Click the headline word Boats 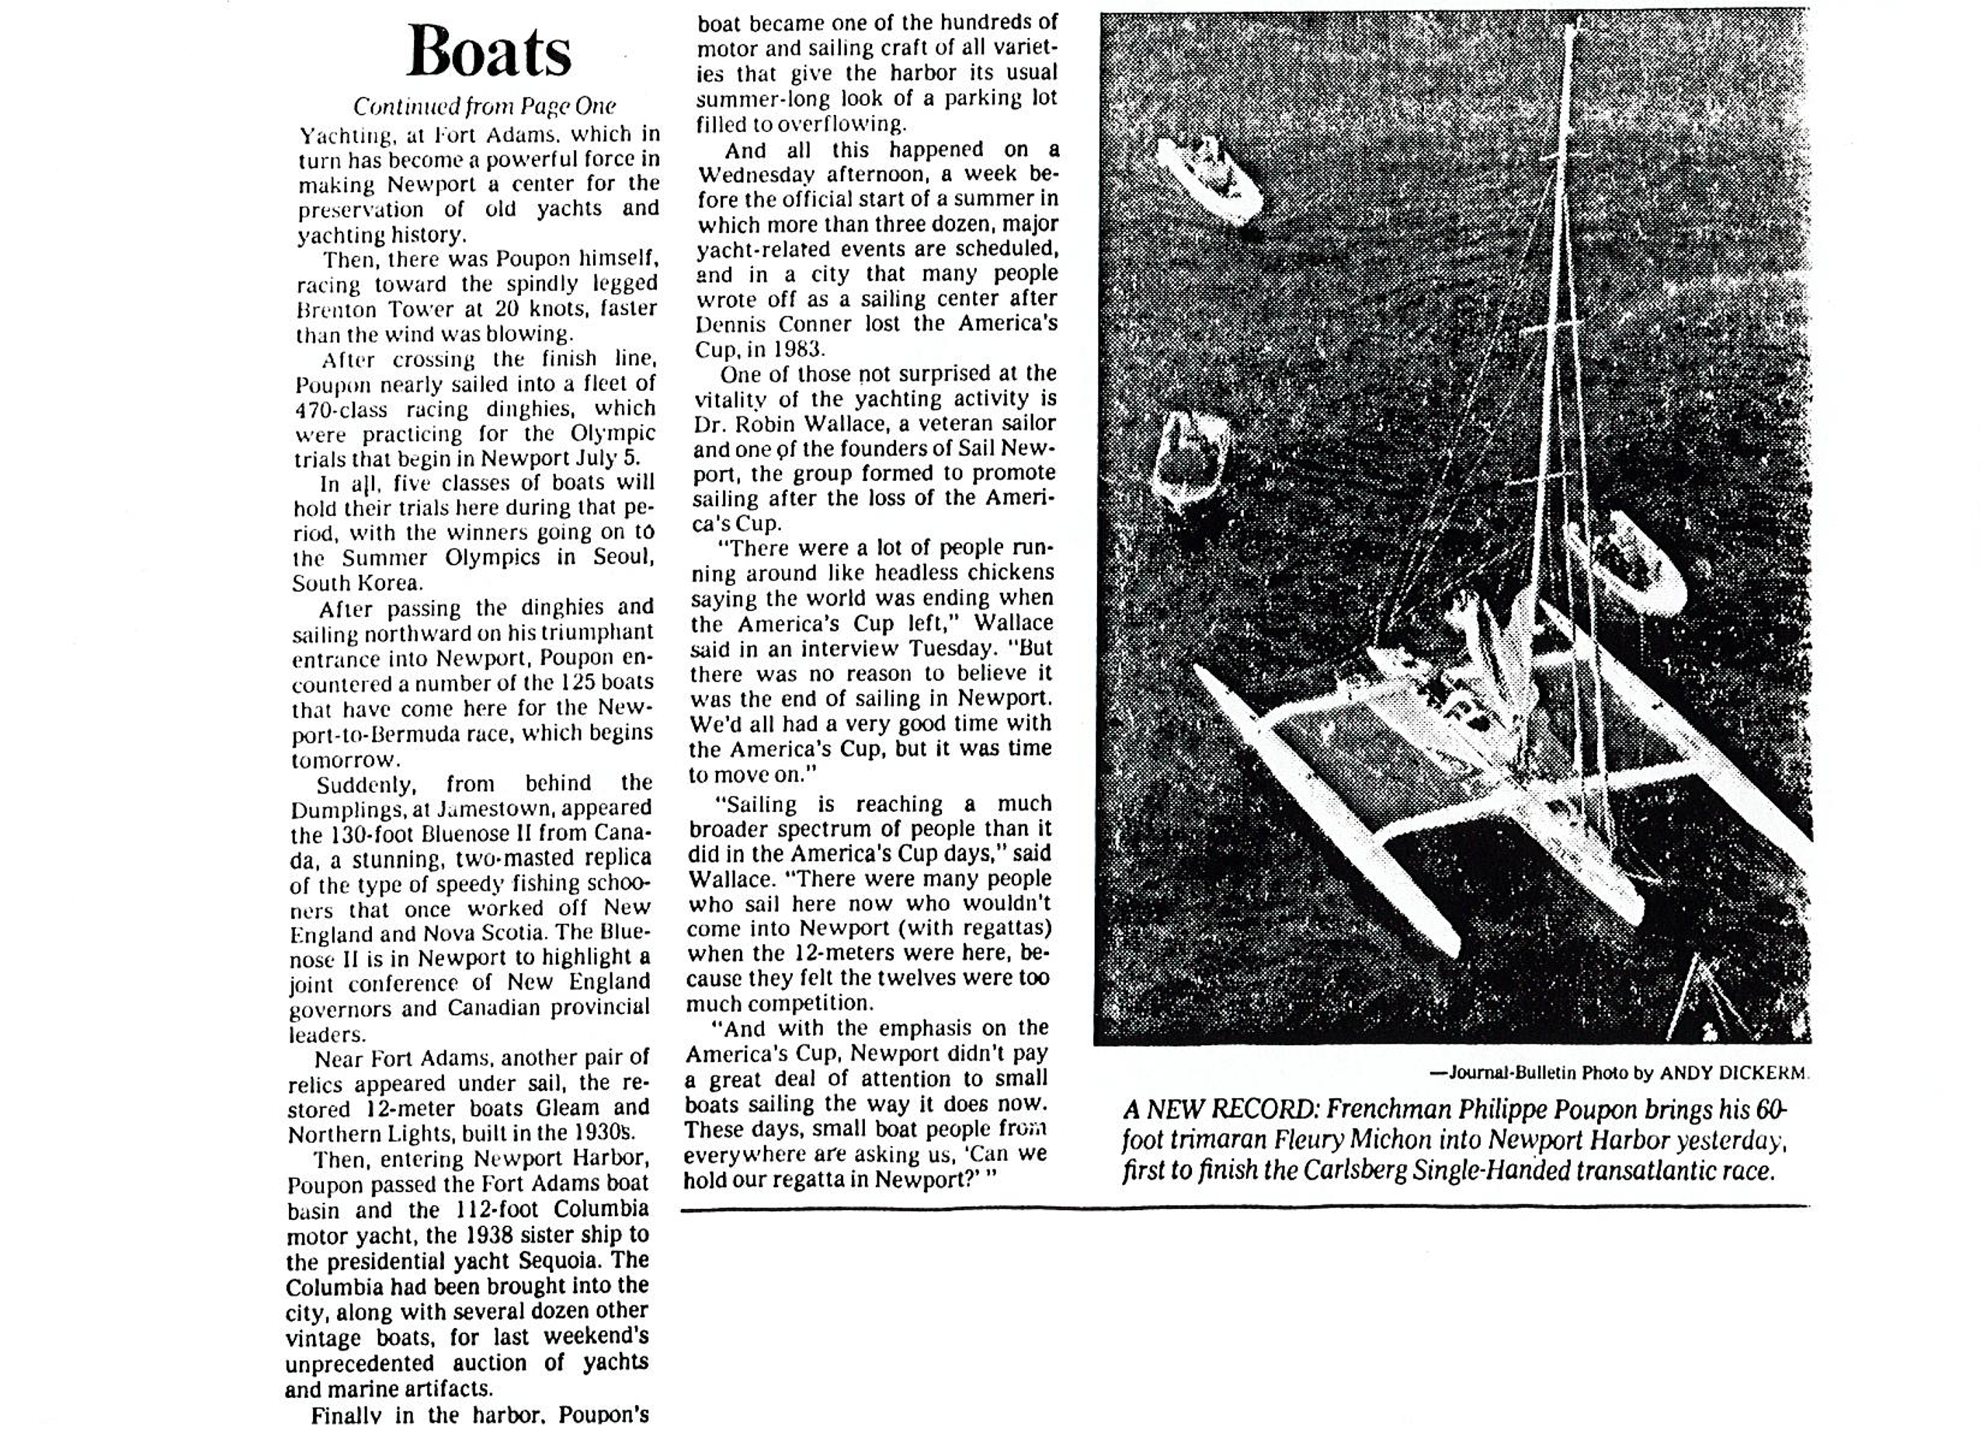point(489,51)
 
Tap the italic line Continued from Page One point(484,106)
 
